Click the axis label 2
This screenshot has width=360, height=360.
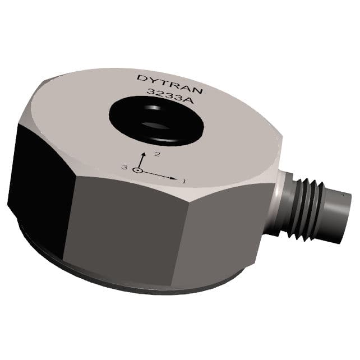pyautogui.click(x=158, y=153)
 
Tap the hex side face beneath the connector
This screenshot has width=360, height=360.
pyautogui.click(x=224, y=236)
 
